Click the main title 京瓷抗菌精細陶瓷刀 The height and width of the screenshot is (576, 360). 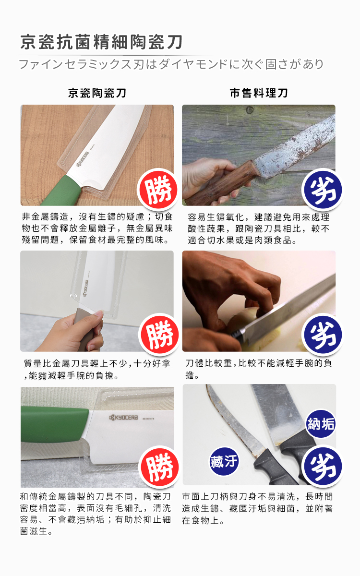(x=101, y=42)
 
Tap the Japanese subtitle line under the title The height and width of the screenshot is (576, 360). (x=171, y=64)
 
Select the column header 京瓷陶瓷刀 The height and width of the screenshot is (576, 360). (x=97, y=93)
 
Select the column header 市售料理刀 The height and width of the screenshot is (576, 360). (x=259, y=93)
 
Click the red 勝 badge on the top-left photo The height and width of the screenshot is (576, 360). (x=157, y=189)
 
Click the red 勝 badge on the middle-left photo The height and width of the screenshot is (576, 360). (x=159, y=334)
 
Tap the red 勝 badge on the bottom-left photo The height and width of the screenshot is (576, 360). (x=159, y=466)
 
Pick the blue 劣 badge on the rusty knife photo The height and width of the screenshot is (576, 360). (x=323, y=189)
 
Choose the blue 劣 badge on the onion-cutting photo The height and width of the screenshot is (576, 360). (x=323, y=334)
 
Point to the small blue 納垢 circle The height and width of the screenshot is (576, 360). (x=321, y=424)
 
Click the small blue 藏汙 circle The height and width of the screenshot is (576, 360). (x=224, y=461)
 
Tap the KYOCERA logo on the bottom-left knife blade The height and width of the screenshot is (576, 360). (x=124, y=418)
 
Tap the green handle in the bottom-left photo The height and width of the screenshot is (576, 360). (x=54, y=424)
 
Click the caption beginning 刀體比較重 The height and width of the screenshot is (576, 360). (x=259, y=369)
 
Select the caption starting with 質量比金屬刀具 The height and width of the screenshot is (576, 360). (x=97, y=369)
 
